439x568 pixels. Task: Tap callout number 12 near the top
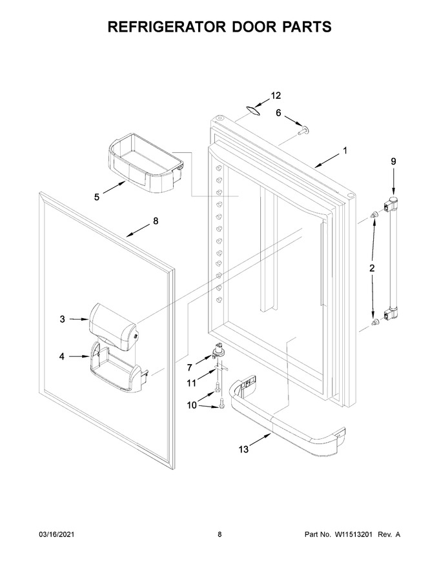[x=276, y=96]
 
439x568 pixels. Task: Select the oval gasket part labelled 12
[x=253, y=111]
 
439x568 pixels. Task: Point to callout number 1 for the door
[x=345, y=150]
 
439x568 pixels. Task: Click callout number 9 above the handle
[x=393, y=161]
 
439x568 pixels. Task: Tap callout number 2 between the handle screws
[x=372, y=269]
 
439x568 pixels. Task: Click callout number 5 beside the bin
[x=97, y=197]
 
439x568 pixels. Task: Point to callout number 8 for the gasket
[x=156, y=221]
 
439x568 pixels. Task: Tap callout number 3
[x=63, y=319]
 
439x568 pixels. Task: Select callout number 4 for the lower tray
[x=62, y=357]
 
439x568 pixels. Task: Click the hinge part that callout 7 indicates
[x=219, y=351]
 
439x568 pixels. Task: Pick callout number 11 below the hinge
[x=191, y=383]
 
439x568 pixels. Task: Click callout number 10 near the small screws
[x=192, y=405]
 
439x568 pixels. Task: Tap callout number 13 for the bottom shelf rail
[x=244, y=449]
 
